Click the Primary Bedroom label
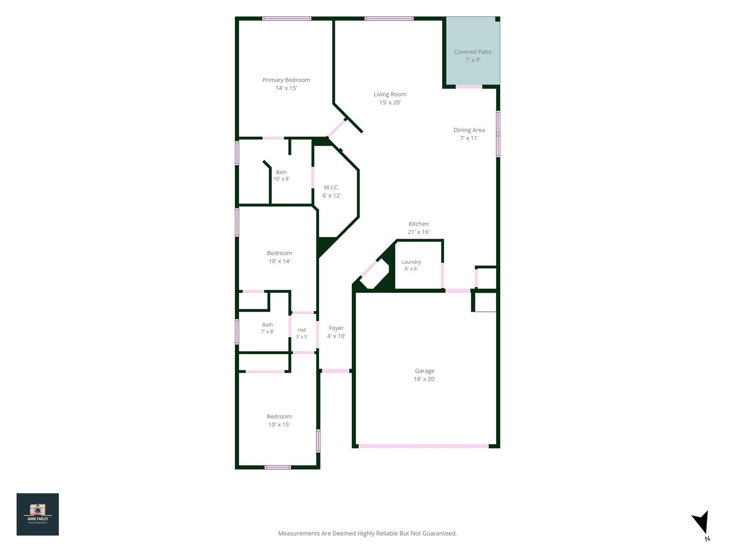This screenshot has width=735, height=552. pyautogui.click(x=286, y=84)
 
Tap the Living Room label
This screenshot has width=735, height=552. pyautogui.click(x=390, y=98)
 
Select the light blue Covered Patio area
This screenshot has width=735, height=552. pyautogui.click(x=473, y=51)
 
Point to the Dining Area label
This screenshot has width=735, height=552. pyautogui.click(x=469, y=134)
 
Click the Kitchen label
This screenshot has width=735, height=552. pyautogui.click(x=418, y=227)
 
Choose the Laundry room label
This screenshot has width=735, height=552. pyautogui.click(x=411, y=265)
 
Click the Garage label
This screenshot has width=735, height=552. pyautogui.click(x=424, y=375)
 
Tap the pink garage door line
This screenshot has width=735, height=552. pyautogui.click(x=423, y=446)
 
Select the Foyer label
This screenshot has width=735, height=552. pyautogui.click(x=336, y=332)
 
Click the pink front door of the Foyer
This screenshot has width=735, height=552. pyautogui.click(x=335, y=371)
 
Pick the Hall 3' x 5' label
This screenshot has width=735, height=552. pyautogui.click(x=302, y=333)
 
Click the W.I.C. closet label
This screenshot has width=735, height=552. pyautogui.click(x=331, y=191)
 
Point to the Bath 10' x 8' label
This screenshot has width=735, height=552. pyautogui.click(x=281, y=175)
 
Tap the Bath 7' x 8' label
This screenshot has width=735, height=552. pyautogui.click(x=267, y=328)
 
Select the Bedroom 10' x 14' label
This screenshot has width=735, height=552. pyautogui.click(x=279, y=257)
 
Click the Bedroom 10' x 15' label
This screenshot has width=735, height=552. pyautogui.click(x=279, y=420)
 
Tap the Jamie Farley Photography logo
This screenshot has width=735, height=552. pyautogui.click(x=37, y=514)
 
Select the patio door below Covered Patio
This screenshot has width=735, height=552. pyautogui.click(x=469, y=86)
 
